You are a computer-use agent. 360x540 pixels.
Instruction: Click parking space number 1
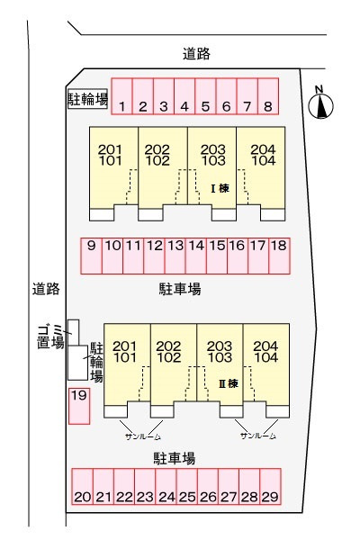[x=122, y=96]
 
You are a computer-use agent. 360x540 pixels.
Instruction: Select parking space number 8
[x=268, y=96]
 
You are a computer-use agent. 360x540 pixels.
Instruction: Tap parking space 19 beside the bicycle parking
[x=79, y=406]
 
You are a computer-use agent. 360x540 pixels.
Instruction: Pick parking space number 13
[x=175, y=256]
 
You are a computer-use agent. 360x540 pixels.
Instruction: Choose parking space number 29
[x=270, y=487]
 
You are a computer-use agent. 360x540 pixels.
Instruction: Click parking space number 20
[x=82, y=487]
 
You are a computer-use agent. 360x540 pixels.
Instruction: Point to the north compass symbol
[x=320, y=104]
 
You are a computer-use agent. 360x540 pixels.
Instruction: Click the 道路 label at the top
[x=196, y=54]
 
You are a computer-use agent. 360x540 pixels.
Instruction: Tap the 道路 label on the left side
[x=46, y=289]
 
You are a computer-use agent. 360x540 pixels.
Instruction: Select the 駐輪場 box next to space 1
[x=88, y=99]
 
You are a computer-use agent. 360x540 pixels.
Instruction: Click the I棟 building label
[x=220, y=188]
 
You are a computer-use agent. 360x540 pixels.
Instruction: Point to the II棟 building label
[x=229, y=383]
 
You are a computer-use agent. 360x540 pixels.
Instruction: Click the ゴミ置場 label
[x=50, y=337]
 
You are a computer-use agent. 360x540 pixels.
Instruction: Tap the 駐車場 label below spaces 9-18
[x=180, y=289]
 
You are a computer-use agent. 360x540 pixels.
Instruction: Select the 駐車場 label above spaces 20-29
[x=175, y=459]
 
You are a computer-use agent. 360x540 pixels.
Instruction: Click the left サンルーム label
[x=143, y=436]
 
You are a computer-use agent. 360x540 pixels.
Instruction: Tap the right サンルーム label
[x=258, y=436]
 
